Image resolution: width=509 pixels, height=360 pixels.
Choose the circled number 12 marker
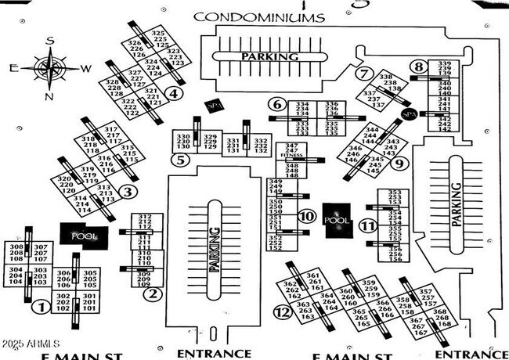(x=283, y=312)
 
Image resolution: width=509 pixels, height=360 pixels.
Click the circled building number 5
(x=182, y=161)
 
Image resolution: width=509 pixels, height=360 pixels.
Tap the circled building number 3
(x=128, y=190)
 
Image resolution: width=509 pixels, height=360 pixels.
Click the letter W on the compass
(x=85, y=68)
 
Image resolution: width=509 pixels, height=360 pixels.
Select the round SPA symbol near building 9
(x=407, y=114)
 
